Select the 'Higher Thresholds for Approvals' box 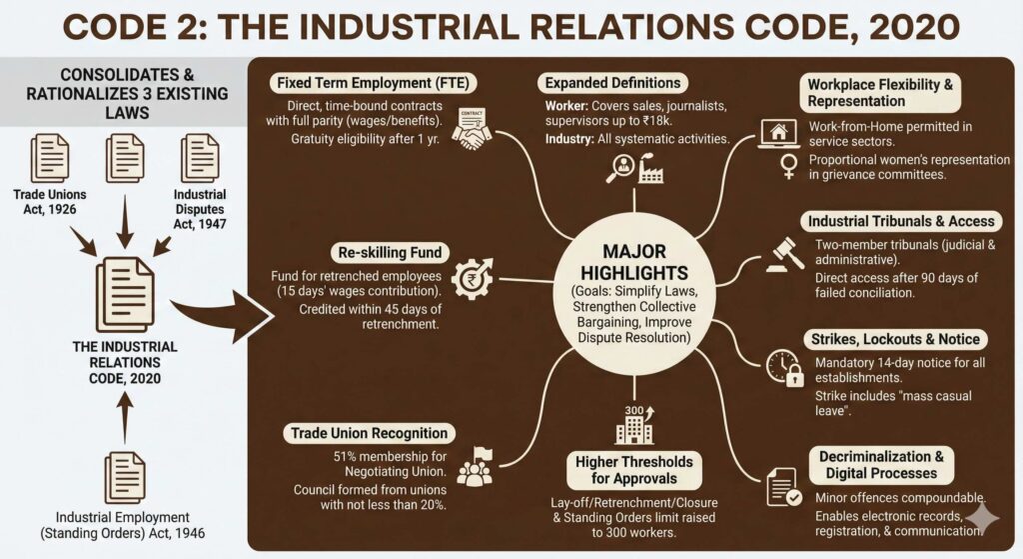633,470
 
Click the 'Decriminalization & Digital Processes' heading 881,465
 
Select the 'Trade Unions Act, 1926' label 50,201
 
